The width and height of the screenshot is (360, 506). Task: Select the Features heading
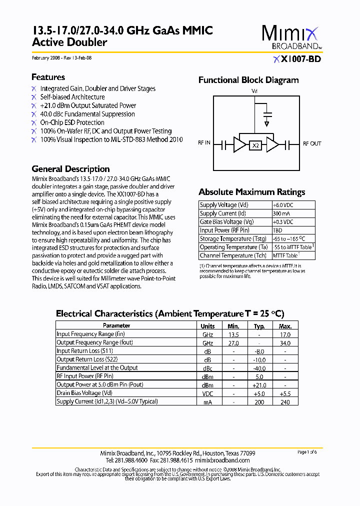(48, 77)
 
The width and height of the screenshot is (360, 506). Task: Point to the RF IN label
(204, 143)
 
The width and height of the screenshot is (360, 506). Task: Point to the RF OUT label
(312, 143)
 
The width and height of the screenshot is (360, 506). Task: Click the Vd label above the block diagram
(254, 91)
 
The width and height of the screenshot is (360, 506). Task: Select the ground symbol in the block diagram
(267, 123)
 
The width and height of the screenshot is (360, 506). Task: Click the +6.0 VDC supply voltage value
(283, 205)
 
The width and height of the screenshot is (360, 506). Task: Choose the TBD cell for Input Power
(277, 230)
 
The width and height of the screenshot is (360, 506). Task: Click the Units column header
(207, 325)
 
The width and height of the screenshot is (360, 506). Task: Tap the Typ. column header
(259, 325)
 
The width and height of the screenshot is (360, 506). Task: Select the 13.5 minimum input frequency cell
(233, 334)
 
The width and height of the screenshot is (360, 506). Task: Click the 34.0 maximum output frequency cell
(285, 343)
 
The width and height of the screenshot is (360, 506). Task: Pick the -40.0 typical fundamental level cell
(259, 368)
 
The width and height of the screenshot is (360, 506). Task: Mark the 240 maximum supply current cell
(285, 401)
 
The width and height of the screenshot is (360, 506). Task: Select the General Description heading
(70, 169)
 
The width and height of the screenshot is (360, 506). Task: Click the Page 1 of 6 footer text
(307, 451)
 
